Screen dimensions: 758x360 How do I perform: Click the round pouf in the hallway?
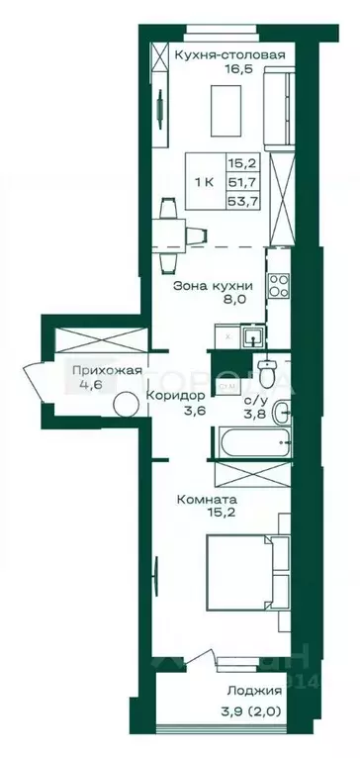[x=126, y=406]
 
